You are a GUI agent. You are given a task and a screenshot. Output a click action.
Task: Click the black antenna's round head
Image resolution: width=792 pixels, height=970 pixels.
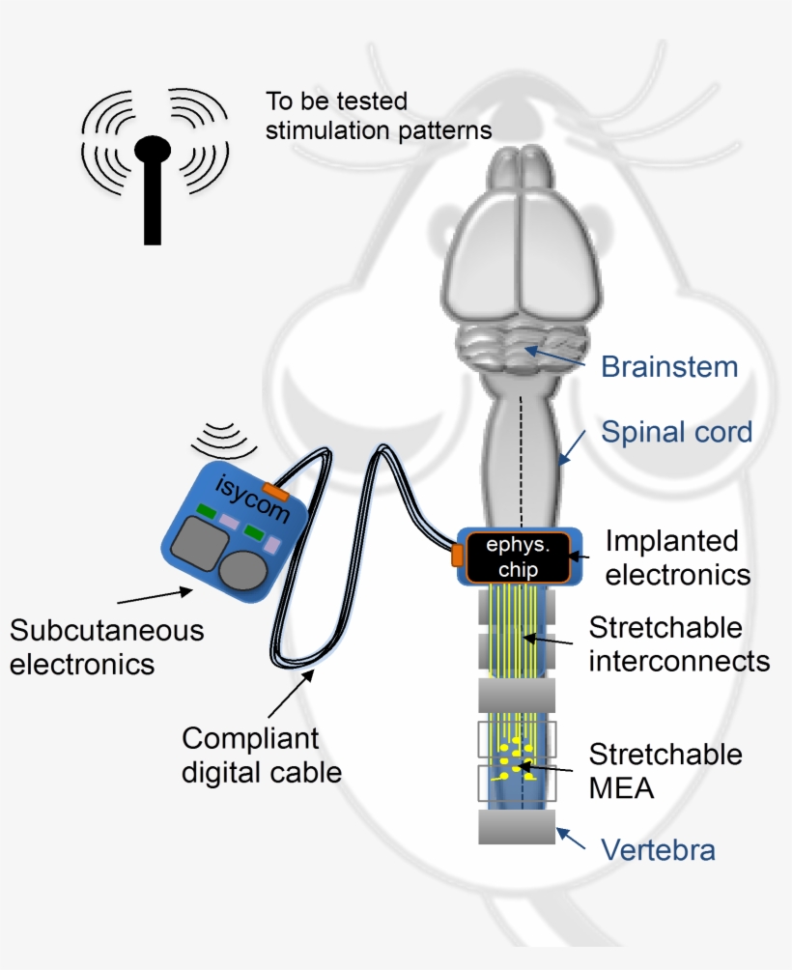coord(152,149)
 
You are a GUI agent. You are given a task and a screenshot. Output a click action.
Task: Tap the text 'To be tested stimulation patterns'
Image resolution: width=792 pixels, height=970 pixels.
coord(379,115)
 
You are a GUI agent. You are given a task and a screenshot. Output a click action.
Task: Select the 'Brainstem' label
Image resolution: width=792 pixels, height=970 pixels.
coord(668,367)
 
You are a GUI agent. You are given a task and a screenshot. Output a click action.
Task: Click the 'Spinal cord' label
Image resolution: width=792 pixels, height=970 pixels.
coord(676,432)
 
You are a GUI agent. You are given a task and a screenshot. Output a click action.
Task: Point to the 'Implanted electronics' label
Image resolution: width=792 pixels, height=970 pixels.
coord(677,557)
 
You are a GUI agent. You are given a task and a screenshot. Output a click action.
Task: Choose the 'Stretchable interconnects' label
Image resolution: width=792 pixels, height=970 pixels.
coord(679,644)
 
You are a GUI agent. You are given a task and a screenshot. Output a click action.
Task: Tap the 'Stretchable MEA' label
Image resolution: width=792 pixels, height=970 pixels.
coord(665,770)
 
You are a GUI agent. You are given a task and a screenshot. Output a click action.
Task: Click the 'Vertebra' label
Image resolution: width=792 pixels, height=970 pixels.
coord(658,850)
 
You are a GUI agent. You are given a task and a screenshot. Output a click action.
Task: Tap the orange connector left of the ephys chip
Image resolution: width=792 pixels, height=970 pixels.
coord(457,555)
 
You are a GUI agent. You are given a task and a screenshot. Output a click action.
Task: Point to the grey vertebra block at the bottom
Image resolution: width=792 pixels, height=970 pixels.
coord(516,827)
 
